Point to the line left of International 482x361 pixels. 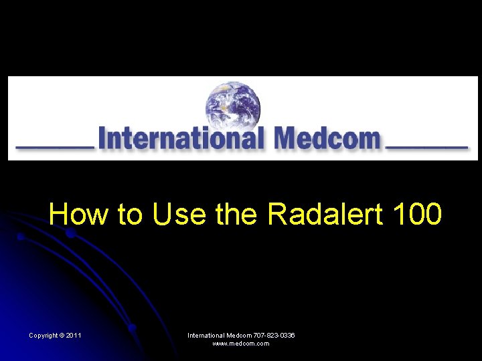point(55,146)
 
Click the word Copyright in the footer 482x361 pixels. point(42,335)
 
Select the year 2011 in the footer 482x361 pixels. point(74,335)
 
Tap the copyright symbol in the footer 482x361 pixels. point(62,335)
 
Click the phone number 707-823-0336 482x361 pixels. point(274,335)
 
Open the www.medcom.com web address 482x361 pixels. point(241,344)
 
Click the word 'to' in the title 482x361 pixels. point(130,215)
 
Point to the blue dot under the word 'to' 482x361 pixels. point(70,233)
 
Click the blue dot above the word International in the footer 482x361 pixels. point(133,328)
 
